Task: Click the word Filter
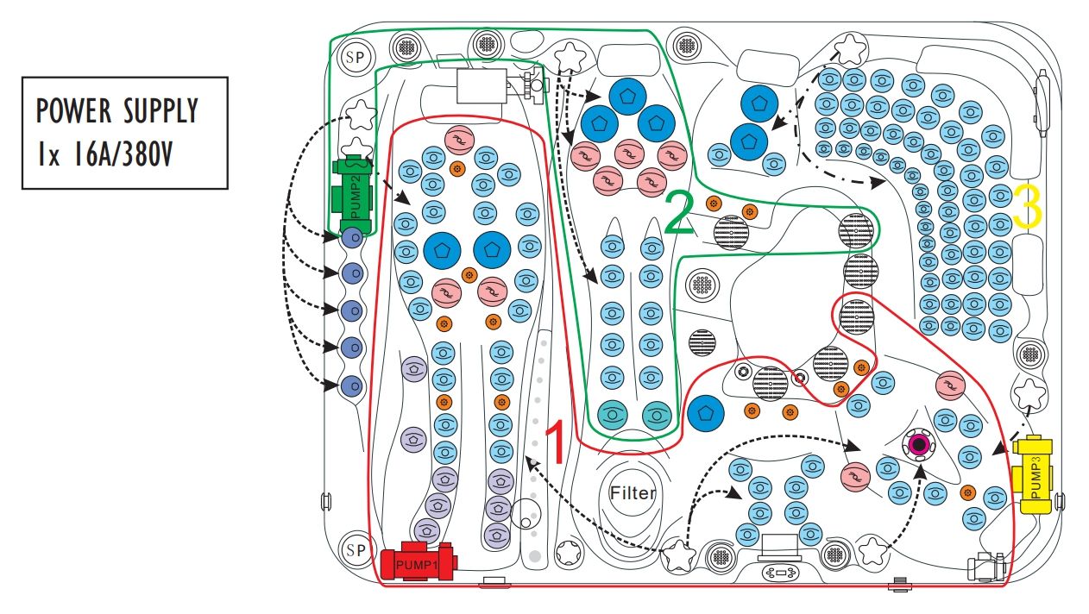633,494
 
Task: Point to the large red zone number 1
555,441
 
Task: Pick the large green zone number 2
680,216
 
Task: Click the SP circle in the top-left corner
354,58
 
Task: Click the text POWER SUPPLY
117,111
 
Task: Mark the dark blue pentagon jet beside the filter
705,413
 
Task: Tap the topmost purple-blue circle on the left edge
351,237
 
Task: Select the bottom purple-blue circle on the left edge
351,385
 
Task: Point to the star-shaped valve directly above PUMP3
1030,395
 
